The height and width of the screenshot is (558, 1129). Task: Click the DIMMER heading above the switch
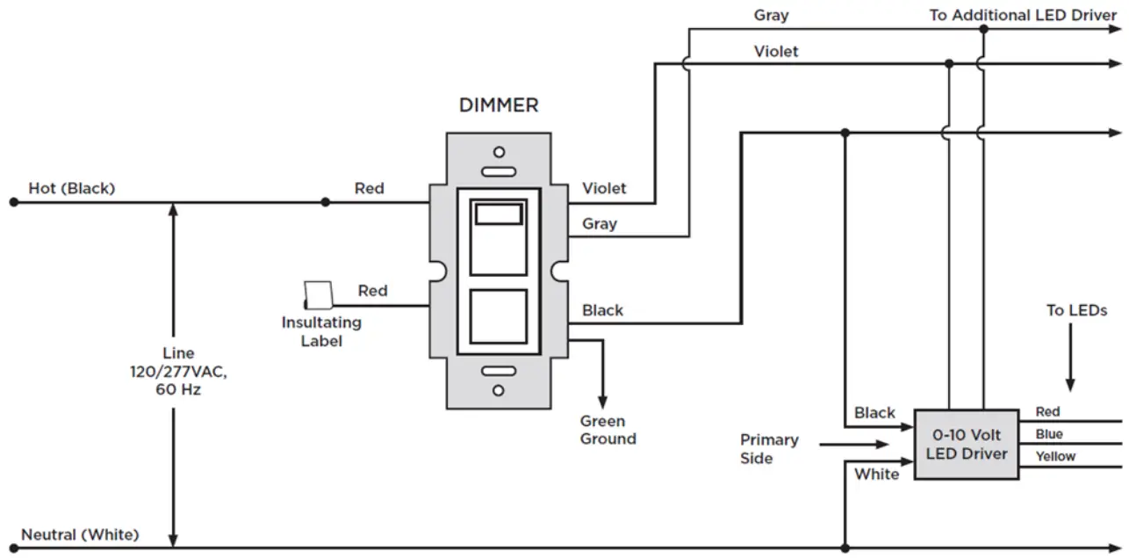coord(499,105)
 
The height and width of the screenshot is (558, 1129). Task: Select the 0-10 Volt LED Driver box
coord(967,445)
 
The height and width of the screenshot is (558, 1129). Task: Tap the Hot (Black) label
coord(72,188)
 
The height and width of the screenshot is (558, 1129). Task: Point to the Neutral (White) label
coord(80,534)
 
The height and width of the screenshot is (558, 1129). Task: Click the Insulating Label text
coord(321,331)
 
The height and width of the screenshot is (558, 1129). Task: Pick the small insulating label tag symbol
coord(318,295)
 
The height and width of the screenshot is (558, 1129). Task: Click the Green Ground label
coord(608,430)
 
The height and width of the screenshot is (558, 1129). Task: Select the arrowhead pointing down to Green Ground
coord(602,402)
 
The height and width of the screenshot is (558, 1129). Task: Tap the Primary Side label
coord(769,449)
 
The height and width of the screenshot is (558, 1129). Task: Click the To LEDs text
coord(1076,310)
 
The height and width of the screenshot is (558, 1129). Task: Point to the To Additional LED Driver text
coord(1023,15)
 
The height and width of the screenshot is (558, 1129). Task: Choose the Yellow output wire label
coord(1055,456)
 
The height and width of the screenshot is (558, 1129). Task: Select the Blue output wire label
coord(1049,434)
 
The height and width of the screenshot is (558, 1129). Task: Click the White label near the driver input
coord(876,475)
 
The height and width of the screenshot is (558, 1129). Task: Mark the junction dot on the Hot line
coord(326,202)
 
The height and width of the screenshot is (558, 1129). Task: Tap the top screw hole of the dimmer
coord(499,152)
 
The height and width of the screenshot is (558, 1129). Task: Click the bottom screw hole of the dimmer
coord(499,390)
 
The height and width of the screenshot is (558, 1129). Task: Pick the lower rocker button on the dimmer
coord(499,316)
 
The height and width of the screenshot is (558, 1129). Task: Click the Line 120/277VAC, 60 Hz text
coord(178,371)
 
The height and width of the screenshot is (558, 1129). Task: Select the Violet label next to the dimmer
coord(604,188)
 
